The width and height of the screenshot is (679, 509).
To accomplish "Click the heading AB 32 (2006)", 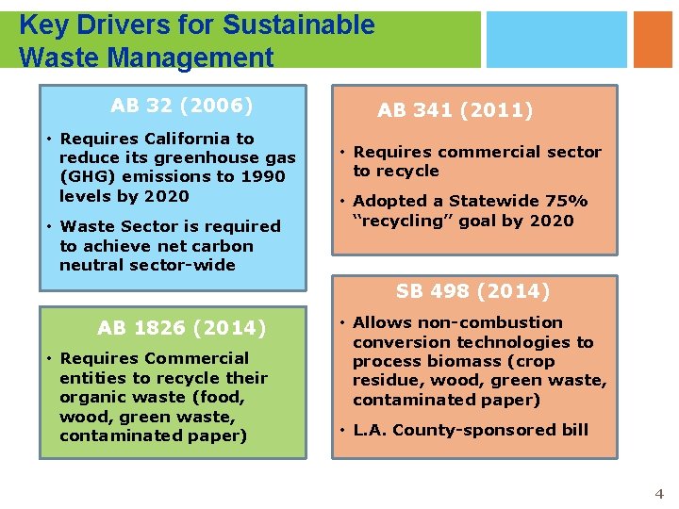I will (181, 105).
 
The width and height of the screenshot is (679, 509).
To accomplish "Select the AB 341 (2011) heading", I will (455, 110).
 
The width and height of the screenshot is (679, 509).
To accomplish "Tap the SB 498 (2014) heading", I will (472, 291).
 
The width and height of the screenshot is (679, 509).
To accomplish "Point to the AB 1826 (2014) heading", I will (182, 328).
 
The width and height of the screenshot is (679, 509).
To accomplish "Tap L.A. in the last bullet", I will (371, 430).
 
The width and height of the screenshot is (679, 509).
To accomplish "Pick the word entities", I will (91, 377).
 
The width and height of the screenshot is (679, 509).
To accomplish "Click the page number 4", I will (659, 494).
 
